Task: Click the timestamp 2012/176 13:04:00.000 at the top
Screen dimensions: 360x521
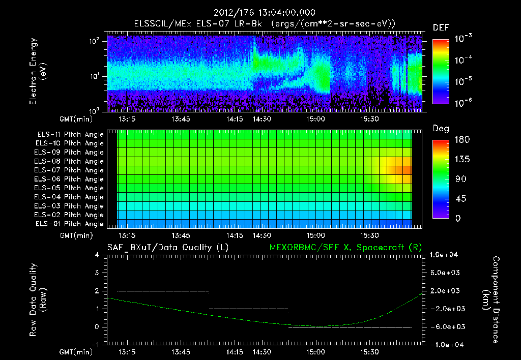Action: [x=264, y=13]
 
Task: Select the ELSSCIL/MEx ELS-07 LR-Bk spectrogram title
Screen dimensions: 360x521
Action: [x=264, y=24]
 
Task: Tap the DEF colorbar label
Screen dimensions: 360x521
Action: [x=440, y=27]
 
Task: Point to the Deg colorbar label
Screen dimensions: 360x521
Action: [x=440, y=129]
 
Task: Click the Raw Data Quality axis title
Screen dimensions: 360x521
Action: [x=38, y=300]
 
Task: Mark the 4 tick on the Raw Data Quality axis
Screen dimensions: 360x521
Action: [x=97, y=255]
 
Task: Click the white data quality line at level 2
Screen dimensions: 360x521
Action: [x=163, y=291]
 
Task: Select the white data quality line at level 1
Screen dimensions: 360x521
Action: [x=248, y=309]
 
